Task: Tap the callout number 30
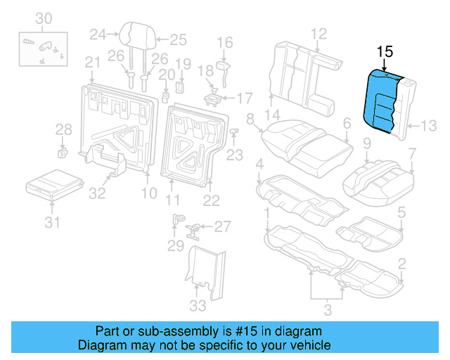pyautogui.click(x=44, y=18)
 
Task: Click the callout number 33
pyautogui.click(x=198, y=306)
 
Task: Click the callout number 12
pyautogui.click(x=319, y=32)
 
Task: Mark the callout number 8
pyautogui.click(x=250, y=119)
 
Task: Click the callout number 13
pyautogui.click(x=429, y=126)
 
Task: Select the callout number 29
pyautogui.click(x=176, y=245)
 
